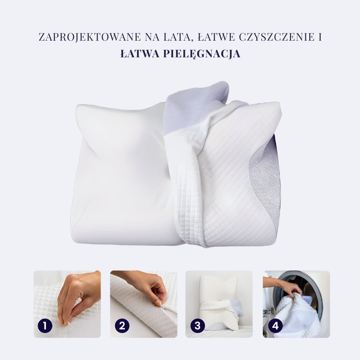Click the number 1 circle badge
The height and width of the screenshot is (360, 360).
point(45,326)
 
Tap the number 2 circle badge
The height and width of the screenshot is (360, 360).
point(122,326)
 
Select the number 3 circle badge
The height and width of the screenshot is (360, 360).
point(197,326)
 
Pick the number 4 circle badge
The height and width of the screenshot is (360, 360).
point(275,326)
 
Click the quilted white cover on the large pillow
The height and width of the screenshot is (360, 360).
point(227,187)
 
